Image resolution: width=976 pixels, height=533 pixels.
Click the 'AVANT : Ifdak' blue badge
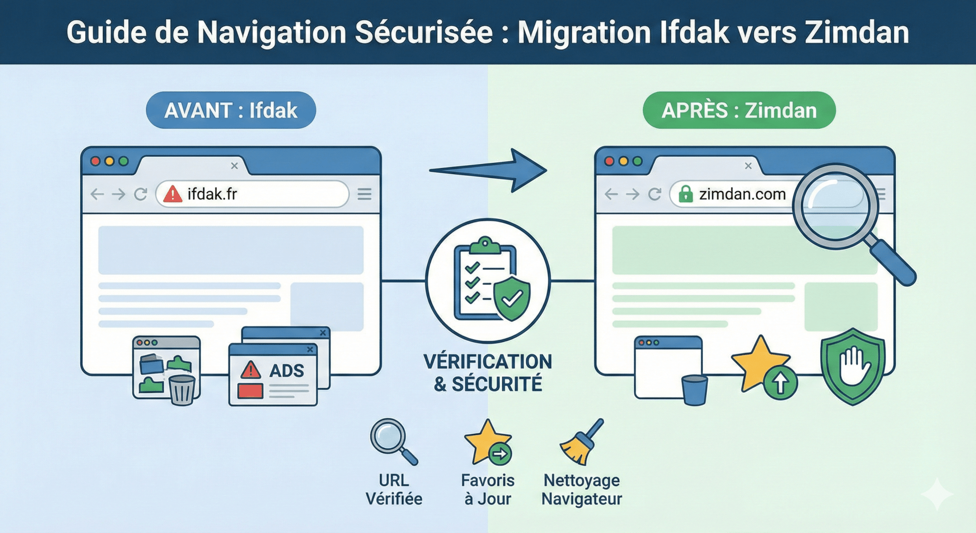231,110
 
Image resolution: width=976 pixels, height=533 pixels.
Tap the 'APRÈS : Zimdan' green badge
739,110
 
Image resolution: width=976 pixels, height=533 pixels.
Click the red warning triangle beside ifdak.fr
173,194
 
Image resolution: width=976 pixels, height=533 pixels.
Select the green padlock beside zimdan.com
685,194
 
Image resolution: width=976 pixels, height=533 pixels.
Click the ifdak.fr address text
213,194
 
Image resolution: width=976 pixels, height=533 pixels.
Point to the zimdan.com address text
742,194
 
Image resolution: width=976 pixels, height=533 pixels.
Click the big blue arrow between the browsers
488,170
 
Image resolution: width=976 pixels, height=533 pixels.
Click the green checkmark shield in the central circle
512,298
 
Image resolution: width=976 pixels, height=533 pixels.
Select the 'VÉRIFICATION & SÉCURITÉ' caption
488,373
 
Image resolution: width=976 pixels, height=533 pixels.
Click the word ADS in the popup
286,370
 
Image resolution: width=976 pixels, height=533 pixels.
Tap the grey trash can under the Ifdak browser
182,390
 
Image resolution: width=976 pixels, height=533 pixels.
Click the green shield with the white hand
853,366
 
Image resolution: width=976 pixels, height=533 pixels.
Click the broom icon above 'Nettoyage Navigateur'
581,442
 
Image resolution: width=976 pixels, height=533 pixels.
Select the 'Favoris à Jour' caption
488,489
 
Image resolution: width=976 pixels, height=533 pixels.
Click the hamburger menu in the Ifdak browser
365,194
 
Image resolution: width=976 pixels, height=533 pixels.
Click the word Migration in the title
585,33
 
